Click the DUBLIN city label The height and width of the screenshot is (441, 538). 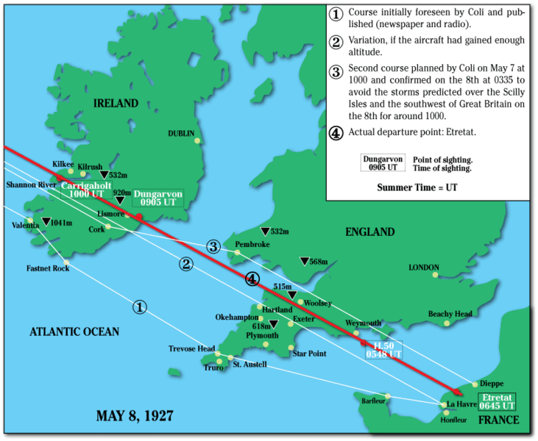180,133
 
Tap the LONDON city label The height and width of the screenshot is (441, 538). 424,268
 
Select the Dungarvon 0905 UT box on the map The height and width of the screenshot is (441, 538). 156,197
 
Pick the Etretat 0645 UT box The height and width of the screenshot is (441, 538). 497,401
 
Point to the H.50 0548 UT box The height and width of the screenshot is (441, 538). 383,349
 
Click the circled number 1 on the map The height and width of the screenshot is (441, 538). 139,307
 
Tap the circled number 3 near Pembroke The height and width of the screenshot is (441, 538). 213,245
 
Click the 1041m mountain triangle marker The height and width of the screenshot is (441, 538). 46,222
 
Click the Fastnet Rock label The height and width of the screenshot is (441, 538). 48,268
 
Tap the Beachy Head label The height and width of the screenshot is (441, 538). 450,314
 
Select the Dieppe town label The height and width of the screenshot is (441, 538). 492,383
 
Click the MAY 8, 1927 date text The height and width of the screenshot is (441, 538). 135,416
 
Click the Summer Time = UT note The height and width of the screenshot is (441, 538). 417,187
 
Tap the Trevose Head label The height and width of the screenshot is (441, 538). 191,348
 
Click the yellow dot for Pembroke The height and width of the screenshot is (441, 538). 238,253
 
